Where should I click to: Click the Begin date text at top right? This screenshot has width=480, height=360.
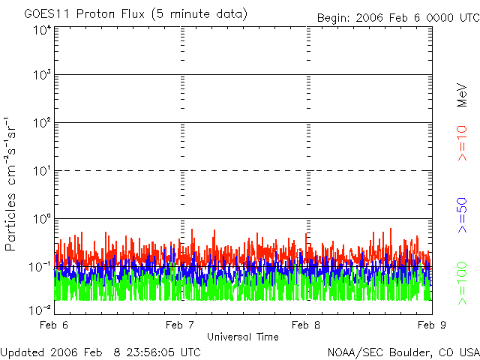[397, 17]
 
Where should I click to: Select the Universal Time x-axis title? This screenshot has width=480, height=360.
[242, 337]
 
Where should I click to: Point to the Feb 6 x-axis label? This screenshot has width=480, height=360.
[55, 325]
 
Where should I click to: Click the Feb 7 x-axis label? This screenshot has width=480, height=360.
[180, 325]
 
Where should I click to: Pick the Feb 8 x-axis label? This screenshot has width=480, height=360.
[306, 325]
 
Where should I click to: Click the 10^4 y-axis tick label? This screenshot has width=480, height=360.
[42, 31]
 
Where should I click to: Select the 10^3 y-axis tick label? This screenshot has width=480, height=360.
[42, 75]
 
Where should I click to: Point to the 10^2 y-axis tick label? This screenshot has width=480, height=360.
[42, 122]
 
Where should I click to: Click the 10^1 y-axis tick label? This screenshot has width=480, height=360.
[42, 170]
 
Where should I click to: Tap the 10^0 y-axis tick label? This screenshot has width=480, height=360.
[42, 218]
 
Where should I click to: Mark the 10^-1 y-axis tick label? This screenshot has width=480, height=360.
[40, 266]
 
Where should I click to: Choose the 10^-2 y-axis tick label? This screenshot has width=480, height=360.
[40, 308]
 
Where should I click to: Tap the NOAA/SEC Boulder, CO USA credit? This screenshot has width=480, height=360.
[403, 352]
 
